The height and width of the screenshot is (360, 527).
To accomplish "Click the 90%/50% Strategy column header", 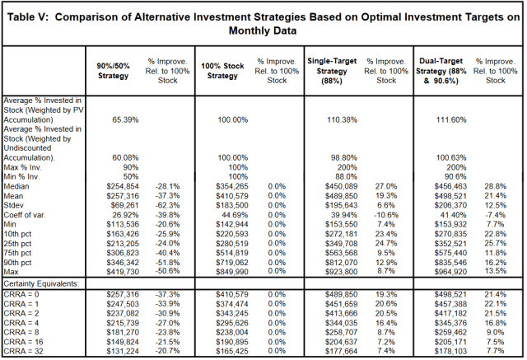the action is coord(113,71).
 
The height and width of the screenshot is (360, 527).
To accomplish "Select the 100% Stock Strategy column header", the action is coord(222,71).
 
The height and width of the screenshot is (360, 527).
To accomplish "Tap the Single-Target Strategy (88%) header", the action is coord(332,71).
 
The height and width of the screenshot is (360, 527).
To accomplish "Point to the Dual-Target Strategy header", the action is coord(441,71).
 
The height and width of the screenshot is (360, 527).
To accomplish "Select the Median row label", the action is coord(16,186).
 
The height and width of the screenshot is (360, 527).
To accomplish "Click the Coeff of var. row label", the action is coord(25,215).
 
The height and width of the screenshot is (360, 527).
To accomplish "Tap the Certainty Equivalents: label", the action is coord(41,283).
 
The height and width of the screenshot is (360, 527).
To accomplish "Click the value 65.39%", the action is coord(125,120).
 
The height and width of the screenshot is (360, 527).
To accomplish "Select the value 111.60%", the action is coord(451,120).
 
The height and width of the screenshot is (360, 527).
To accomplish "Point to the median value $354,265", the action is coord(232,186).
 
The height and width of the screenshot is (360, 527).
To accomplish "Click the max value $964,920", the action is coord(450,272).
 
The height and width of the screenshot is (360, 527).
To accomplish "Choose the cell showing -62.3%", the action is coord(167,205).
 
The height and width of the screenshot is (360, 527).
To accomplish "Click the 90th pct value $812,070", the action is coord(341,262).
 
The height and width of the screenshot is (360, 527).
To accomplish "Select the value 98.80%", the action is coord(344,157).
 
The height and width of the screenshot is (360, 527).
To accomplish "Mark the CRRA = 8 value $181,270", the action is coord(123,333).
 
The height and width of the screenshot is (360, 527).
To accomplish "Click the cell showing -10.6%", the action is coord(386,215).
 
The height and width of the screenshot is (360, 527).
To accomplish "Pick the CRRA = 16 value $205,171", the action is coord(450,342).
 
